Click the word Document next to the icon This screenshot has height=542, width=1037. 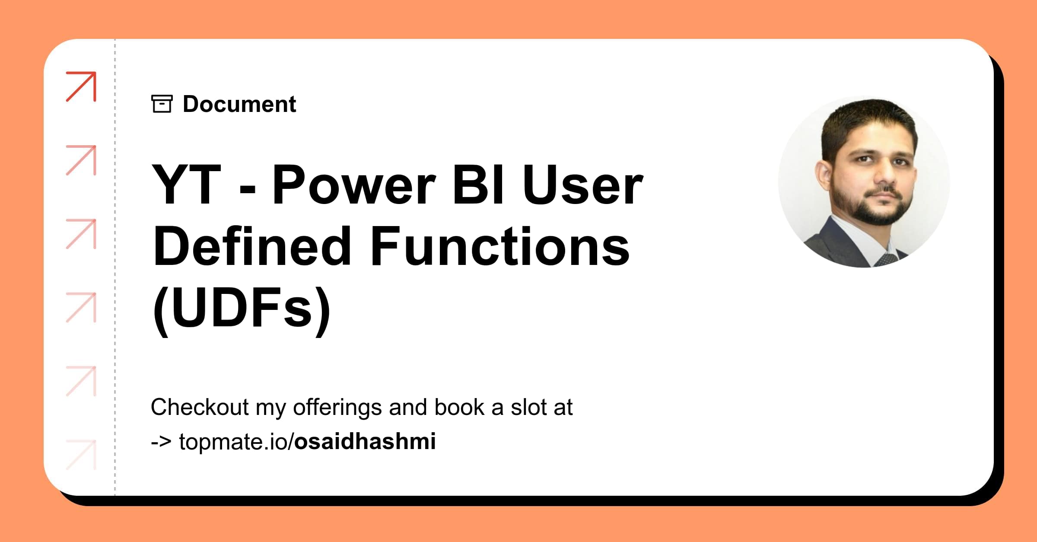click(x=239, y=104)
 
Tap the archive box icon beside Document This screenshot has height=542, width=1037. click(x=162, y=104)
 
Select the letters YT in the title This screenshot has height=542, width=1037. click(x=187, y=185)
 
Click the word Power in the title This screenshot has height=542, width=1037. click(x=354, y=185)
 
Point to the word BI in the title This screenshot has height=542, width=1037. click(x=478, y=185)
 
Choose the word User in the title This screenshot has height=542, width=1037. click(x=583, y=185)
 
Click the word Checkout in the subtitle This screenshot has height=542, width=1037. click(x=200, y=407)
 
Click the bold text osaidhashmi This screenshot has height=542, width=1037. click(x=365, y=441)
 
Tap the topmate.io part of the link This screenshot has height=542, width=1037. click(x=233, y=442)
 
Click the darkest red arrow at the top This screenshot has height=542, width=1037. click(x=81, y=87)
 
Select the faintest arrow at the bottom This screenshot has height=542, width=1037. click(x=81, y=455)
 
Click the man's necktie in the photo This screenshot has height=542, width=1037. click(x=885, y=259)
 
